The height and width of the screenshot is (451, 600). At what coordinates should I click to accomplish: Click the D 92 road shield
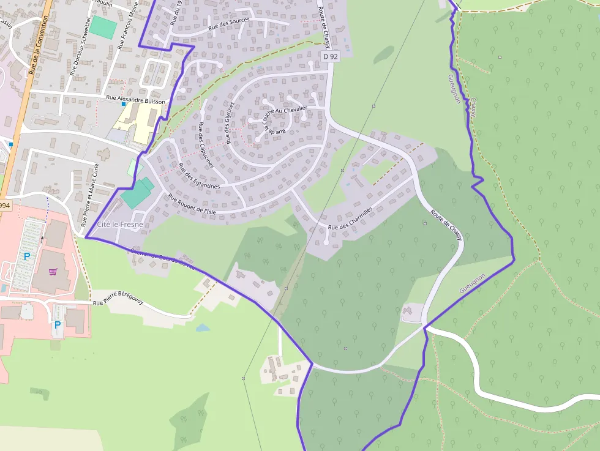[x=330, y=56]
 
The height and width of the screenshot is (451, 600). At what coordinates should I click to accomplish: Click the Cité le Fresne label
[x=120, y=225]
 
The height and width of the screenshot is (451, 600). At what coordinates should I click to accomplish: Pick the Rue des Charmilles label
[x=350, y=218]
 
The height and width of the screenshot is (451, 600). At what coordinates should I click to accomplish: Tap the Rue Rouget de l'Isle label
[x=192, y=204]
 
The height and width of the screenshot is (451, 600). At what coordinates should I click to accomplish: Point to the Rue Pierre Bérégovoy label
[x=118, y=298]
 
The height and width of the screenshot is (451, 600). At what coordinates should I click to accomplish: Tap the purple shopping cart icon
[x=53, y=271]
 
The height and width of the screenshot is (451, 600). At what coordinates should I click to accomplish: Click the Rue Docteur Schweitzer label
[x=80, y=45]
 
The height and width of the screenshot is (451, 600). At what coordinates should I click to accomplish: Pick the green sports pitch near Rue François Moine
[x=103, y=28]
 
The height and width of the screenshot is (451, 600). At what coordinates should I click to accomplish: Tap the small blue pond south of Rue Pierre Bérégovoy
[x=203, y=327]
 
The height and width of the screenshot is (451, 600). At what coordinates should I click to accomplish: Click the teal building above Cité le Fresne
[x=138, y=193]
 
